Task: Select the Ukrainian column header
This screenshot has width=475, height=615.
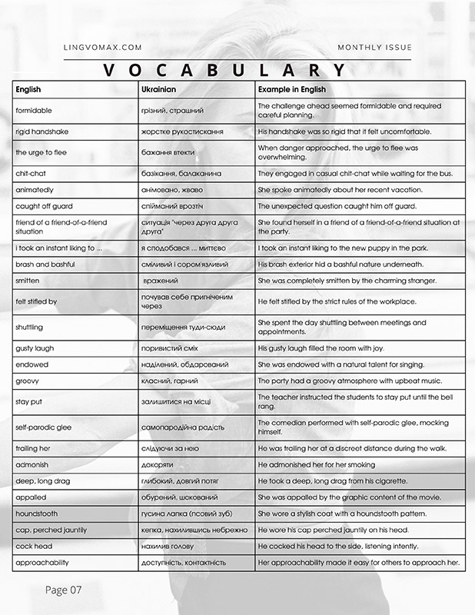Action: pos(160,90)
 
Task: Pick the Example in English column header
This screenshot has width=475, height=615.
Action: pos(292,90)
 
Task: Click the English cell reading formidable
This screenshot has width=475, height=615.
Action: pos(34,111)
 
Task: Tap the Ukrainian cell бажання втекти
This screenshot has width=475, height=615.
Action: pos(168,152)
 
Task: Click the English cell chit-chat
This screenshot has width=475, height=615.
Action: pos(31,174)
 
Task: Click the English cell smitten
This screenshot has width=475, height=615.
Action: pos(28,281)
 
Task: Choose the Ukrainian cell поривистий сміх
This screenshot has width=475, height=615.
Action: pos(172,348)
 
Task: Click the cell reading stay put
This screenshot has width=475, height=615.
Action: pos(29,401)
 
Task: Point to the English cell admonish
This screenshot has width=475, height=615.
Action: pos(32,464)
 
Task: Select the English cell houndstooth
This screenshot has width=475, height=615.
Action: pos(36,513)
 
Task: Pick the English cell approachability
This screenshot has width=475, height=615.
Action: pos(42,562)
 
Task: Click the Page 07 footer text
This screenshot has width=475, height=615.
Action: pos(63,590)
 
